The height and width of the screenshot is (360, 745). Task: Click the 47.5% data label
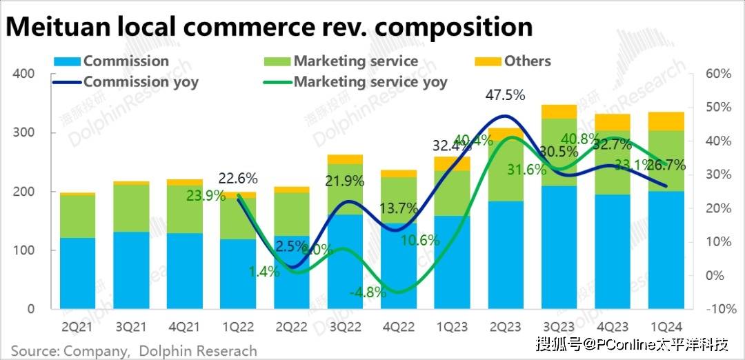coord(506,95)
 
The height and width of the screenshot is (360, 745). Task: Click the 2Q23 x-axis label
coord(506,323)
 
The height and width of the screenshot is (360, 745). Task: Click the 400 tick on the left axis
coord(23,74)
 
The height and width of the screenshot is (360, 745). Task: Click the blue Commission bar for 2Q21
coord(77,273)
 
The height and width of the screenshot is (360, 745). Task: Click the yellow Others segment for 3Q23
coord(559,112)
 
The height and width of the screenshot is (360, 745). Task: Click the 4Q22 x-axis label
coord(398,323)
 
